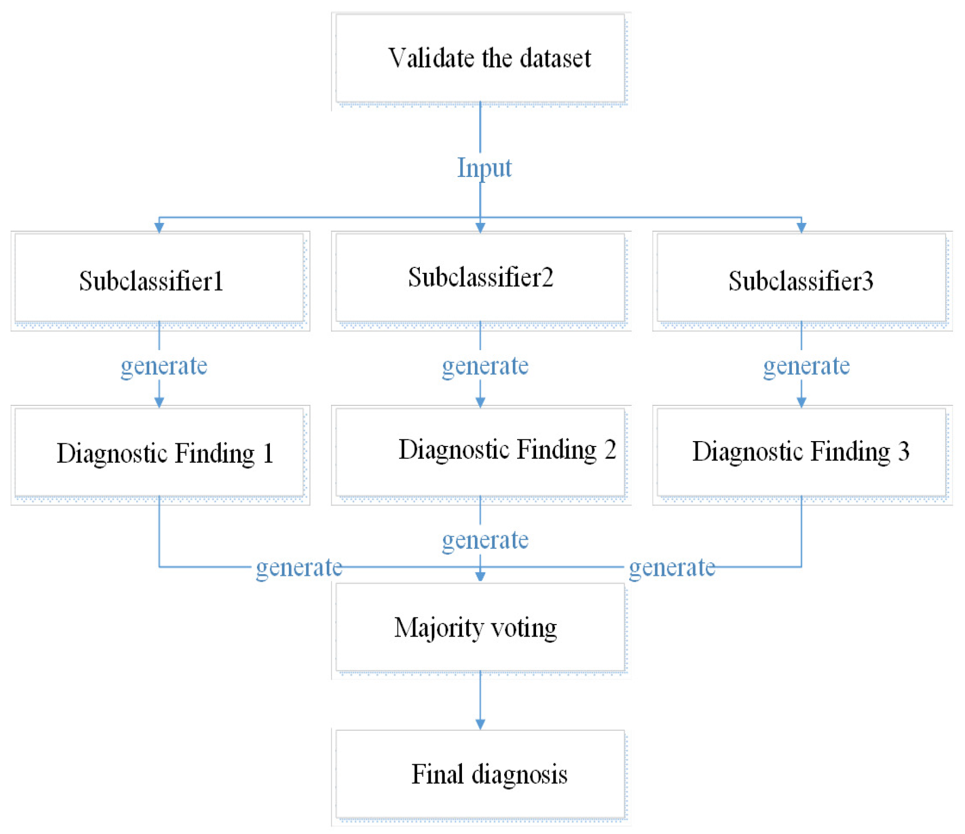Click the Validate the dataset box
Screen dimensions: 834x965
pos(481,58)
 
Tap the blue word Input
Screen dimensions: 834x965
pos(484,168)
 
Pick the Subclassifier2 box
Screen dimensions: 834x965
pos(481,277)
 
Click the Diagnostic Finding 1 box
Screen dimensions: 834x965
pos(159,452)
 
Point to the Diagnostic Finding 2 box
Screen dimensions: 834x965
pos(481,450)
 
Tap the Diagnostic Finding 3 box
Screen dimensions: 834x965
pos(801,451)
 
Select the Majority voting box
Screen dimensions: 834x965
pos(481,628)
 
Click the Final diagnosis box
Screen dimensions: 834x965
pos(481,774)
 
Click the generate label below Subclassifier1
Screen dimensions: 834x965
pos(164,366)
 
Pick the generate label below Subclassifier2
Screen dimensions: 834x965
pos(485,366)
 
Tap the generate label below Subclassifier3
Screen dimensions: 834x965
pos(806,366)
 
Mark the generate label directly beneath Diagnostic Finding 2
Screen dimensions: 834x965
pos(485,540)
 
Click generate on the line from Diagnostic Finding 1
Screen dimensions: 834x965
pos(299,568)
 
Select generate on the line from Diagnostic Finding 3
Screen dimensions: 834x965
pos(672,568)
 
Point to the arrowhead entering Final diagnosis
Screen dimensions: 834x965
pos(480,724)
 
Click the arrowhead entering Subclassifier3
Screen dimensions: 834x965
pos(801,227)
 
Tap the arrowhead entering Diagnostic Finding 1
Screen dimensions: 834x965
pos(159,402)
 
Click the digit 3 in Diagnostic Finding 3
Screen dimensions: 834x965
pos(903,451)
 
